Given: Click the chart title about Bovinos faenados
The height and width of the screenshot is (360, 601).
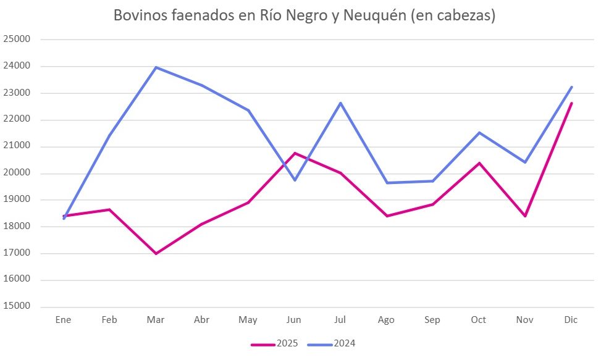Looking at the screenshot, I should (x=305, y=16).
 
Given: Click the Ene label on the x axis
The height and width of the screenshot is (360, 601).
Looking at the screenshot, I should (x=64, y=320).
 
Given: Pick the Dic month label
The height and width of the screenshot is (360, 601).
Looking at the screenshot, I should (x=571, y=320).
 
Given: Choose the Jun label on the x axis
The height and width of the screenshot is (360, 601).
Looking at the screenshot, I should (x=294, y=320).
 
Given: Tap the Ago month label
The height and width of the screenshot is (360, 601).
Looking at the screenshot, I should (x=386, y=320).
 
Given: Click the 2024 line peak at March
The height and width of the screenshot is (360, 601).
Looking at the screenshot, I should (x=156, y=67).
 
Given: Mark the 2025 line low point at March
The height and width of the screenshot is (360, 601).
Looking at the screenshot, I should (x=156, y=254).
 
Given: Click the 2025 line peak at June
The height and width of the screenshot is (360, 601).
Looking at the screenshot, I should (x=295, y=153).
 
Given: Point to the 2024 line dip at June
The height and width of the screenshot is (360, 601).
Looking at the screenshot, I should (x=295, y=180).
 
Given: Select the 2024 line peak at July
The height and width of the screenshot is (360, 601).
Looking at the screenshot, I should (x=340, y=103).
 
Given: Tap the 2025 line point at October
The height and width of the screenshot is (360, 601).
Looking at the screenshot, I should (x=479, y=163).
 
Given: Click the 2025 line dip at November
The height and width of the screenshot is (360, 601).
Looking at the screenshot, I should (x=525, y=216).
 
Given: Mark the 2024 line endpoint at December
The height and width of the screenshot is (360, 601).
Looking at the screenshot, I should (x=571, y=87).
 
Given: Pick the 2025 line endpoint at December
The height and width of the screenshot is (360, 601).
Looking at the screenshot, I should (x=571, y=103).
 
